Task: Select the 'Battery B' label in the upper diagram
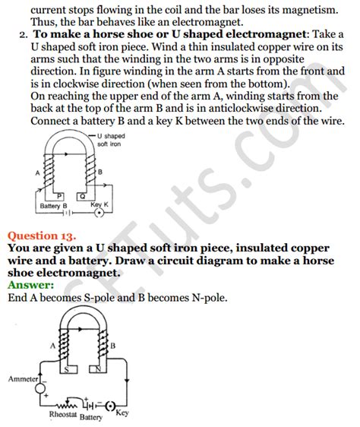pos(52,206)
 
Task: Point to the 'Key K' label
pos(99,205)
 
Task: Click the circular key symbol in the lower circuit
pos(113,406)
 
